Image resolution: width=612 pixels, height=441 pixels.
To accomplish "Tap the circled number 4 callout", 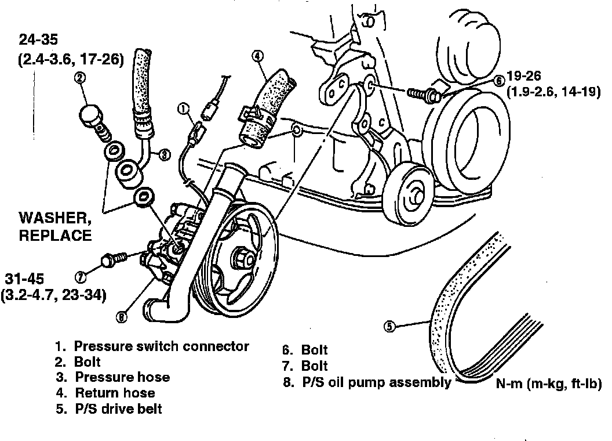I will tap(258, 56).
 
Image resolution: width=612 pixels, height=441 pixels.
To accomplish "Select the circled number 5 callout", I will tap(389, 327).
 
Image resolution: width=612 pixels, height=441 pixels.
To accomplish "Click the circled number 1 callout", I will tap(183, 108).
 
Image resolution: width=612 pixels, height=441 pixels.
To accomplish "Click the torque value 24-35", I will tap(42, 40).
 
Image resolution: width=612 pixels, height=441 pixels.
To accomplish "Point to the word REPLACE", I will tap(54, 235).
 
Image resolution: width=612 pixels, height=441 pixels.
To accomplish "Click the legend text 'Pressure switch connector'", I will tap(161, 346).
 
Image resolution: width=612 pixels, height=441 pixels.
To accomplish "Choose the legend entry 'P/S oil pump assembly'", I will tap(376, 382).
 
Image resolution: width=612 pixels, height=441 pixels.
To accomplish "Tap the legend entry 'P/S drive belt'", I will tap(118, 409).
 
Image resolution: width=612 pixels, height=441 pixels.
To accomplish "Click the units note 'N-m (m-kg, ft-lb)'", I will tap(548, 384).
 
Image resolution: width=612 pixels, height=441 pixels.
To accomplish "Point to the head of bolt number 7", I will tap(107, 260).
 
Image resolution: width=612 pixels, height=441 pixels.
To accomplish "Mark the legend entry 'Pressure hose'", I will tap(122, 377).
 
